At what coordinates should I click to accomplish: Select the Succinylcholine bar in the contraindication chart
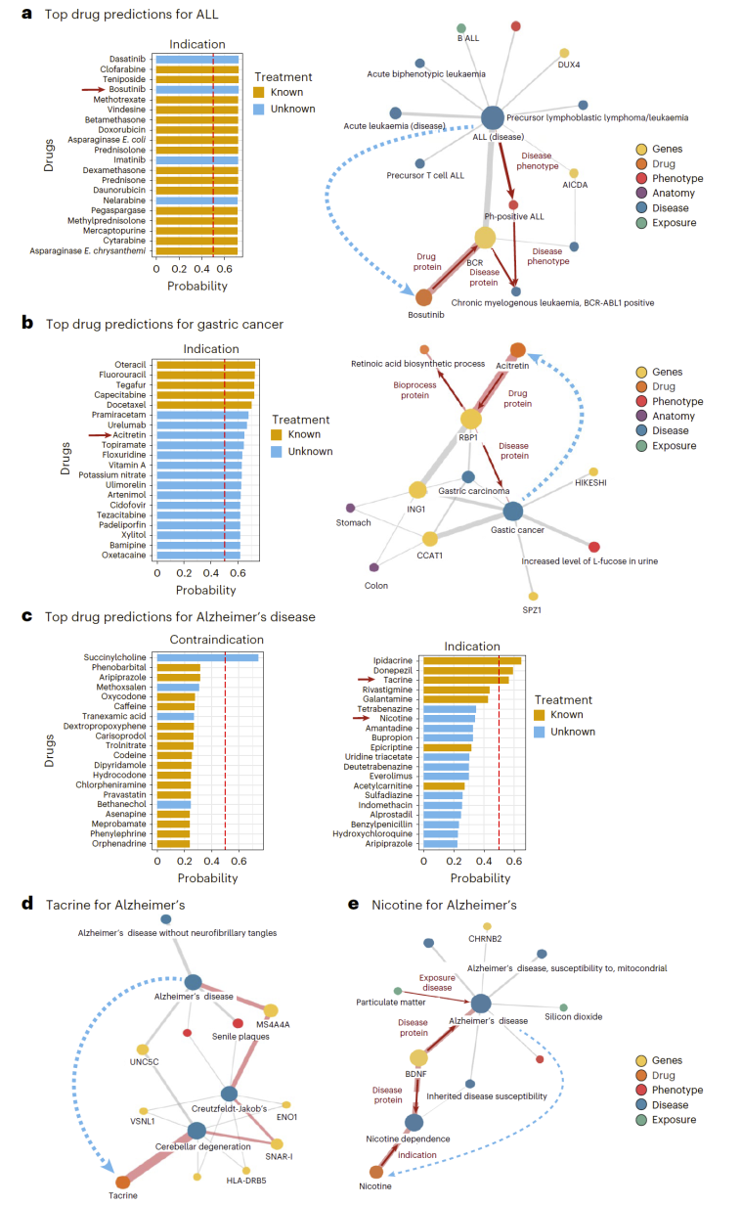pyautogui.click(x=207, y=657)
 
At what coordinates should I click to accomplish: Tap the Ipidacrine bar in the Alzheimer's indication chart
pyautogui.click(x=472, y=660)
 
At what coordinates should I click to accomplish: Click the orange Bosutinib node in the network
pyautogui.click(x=423, y=297)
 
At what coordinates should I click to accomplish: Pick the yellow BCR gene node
pyautogui.click(x=486, y=238)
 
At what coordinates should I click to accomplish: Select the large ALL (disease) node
pyautogui.click(x=493, y=117)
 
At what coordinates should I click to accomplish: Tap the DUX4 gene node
pyautogui.click(x=564, y=54)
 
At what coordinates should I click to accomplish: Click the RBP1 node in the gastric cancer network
pyautogui.click(x=471, y=419)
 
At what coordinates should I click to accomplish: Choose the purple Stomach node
pyautogui.click(x=350, y=508)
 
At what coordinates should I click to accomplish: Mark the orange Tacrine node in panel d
pyautogui.click(x=123, y=1183)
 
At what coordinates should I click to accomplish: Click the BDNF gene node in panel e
pyautogui.click(x=419, y=1057)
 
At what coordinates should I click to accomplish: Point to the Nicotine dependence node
pyautogui.click(x=414, y=1122)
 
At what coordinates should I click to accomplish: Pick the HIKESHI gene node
pyautogui.click(x=593, y=471)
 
